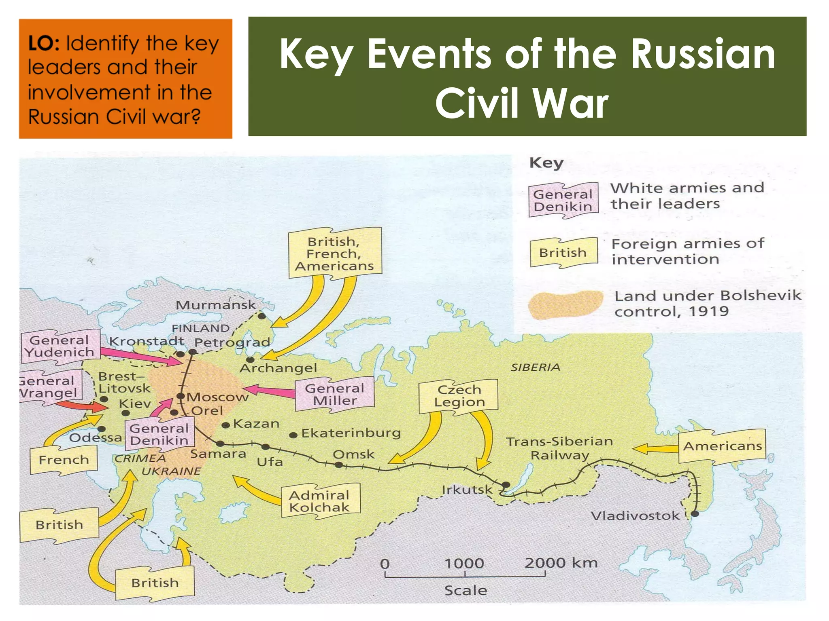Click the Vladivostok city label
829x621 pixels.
(x=635, y=516)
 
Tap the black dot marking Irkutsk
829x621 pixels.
(x=506, y=484)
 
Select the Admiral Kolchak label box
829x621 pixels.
(x=320, y=501)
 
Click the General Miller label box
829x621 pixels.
(x=335, y=395)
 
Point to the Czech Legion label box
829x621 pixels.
(x=459, y=396)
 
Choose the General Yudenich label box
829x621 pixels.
(x=60, y=346)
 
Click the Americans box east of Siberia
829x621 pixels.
(x=722, y=446)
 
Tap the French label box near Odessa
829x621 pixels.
(x=64, y=460)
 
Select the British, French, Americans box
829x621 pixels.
(x=334, y=253)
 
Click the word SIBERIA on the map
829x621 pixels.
(x=535, y=367)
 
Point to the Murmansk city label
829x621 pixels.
(x=215, y=305)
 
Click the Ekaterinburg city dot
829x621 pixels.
(x=293, y=435)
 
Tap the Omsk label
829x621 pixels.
(x=353, y=454)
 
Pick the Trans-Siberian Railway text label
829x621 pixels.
(x=559, y=448)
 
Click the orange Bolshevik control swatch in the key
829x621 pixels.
(x=565, y=305)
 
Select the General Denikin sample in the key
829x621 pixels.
(x=563, y=201)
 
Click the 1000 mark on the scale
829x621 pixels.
(x=464, y=563)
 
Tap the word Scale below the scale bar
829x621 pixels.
(x=466, y=590)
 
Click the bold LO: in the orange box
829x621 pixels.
(x=44, y=43)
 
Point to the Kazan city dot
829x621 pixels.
(x=226, y=425)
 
